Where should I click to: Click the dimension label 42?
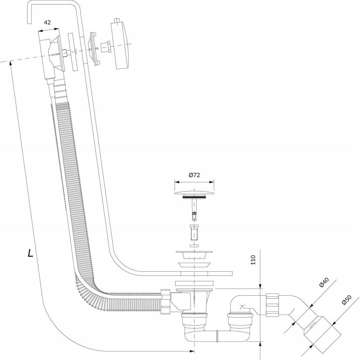[47, 22]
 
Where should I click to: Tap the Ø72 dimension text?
[194, 175]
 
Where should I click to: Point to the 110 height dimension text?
[253, 260]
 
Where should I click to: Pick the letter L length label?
[30, 253]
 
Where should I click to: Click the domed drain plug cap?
[194, 192]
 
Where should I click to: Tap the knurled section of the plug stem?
[195, 216]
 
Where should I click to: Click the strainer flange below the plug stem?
[194, 254]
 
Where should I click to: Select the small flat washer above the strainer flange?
[194, 246]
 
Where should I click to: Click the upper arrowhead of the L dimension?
[10, 63]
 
